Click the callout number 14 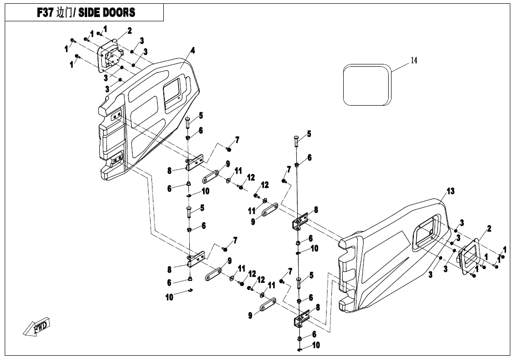[x=414, y=60]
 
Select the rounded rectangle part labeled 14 [x=367, y=85]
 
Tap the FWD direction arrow [x=37, y=327]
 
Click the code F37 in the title [x=46, y=13]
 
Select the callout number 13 [x=450, y=191]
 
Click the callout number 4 [x=193, y=51]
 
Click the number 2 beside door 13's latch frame [x=489, y=228]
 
